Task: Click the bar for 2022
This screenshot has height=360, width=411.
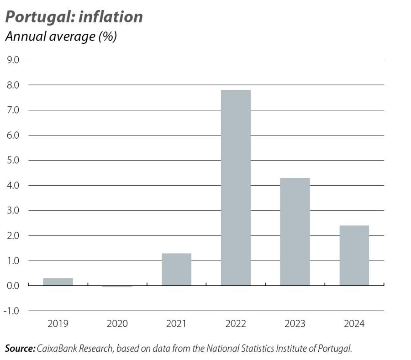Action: [236, 188]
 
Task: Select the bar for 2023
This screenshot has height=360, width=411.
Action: [295, 232]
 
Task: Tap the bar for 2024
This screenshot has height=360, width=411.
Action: [354, 256]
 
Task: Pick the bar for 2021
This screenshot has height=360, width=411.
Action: [176, 269]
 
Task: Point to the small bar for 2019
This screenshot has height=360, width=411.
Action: [58, 282]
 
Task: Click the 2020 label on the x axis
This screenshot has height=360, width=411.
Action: [117, 324]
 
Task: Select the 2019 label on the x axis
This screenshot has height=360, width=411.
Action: [58, 324]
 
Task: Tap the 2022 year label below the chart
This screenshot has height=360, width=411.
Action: [236, 324]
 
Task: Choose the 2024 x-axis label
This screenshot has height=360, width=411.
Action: [354, 324]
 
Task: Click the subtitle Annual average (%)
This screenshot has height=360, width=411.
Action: [61, 37]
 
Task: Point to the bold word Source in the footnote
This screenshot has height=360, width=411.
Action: [20, 349]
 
